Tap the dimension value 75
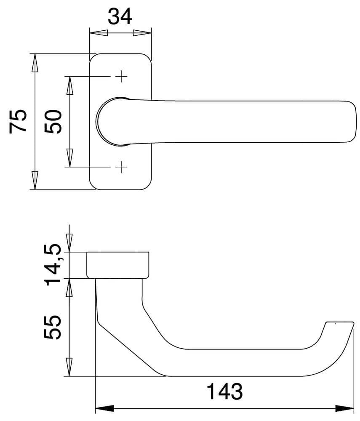18,121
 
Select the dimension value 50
53,122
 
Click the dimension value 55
53,327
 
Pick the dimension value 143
225,391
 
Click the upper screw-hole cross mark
121,77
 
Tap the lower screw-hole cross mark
121,167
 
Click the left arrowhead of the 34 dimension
99,33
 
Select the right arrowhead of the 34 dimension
142,33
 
